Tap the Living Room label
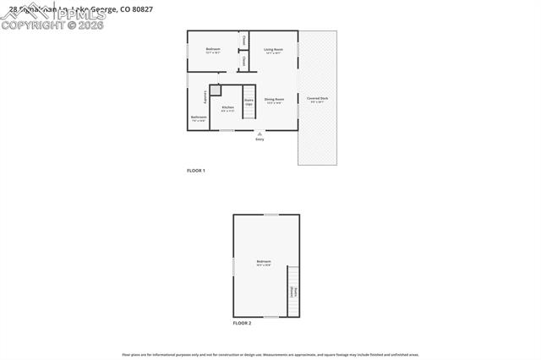[x=273, y=50]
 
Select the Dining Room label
[x=274, y=100]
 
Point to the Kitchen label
[x=228, y=107]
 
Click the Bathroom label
[x=199, y=117]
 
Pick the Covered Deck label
[x=318, y=99]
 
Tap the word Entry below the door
[x=260, y=139]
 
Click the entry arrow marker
[x=260, y=134]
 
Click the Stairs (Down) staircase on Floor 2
[x=293, y=292]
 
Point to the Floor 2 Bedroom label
[x=264, y=262]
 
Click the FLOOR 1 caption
[x=196, y=171]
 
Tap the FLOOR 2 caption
[x=242, y=323]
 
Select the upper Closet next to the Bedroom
[x=243, y=40]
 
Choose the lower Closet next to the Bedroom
[x=243, y=62]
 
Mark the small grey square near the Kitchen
[x=216, y=90]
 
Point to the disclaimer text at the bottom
[x=270, y=355]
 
